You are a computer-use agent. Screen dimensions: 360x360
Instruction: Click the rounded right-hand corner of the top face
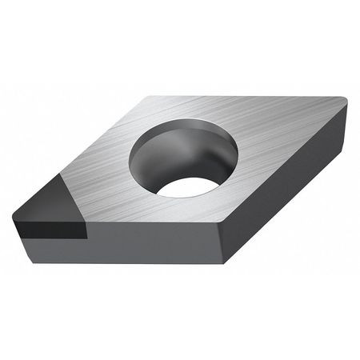[342, 102]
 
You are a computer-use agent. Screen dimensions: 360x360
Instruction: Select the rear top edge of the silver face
[240, 98]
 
